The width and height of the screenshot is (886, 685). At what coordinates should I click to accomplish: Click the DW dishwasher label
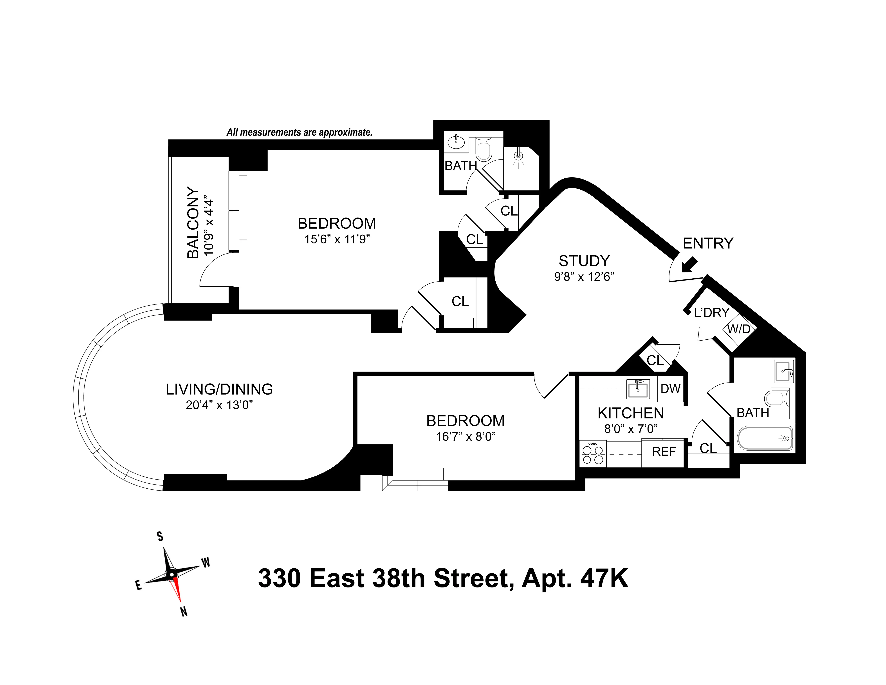pyautogui.click(x=670, y=389)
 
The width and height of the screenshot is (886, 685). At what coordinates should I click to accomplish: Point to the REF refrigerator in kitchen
pyautogui.click(x=664, y=452)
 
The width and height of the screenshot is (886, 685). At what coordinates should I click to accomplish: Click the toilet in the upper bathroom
pyautogui.click(x=484, y=149)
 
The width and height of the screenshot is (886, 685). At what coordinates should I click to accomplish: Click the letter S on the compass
pyautogui.click(x=160, y=536)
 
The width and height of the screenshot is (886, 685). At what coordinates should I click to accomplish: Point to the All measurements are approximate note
pyautogui.click(x=299, y=132)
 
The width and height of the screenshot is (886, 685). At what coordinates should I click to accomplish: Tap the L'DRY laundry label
pyautogui.click(x=712, y=312)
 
